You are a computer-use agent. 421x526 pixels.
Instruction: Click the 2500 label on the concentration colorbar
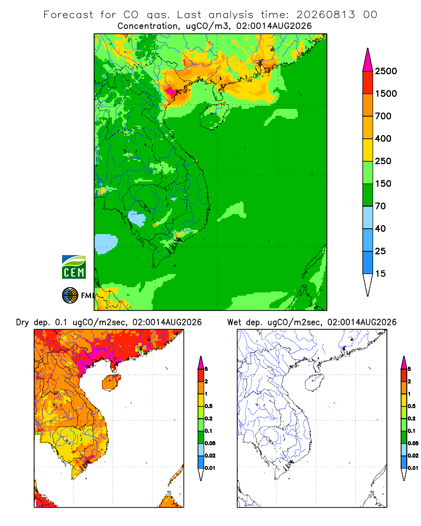click(386, 71)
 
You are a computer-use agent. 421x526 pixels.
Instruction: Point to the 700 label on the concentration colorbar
click(383, 116)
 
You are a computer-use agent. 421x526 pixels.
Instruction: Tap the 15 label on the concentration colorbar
click(380, 274)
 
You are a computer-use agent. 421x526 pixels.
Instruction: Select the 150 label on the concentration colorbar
click(383, 184)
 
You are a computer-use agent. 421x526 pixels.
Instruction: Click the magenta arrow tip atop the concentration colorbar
click(368, 60)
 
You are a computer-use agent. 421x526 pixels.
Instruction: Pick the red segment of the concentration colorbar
click(368, 83)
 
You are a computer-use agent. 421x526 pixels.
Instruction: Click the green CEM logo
click(74, 267)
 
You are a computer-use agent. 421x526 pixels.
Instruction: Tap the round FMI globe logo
click(70, 296)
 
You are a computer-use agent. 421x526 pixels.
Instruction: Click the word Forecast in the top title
click(68, 15)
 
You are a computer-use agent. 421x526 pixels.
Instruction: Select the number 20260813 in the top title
click(325, 15)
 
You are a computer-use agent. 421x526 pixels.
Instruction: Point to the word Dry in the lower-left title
click(22, 322)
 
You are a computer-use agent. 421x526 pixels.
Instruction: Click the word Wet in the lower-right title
click(234, 322)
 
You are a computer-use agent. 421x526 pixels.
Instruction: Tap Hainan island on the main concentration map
click(214, 116)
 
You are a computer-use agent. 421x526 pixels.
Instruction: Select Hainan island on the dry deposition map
click(111, 382)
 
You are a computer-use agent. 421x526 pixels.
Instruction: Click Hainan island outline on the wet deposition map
click(315, 382)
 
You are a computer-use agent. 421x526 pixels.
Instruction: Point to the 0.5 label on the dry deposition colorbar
click(208, 406)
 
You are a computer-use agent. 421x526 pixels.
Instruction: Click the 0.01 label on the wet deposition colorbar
click(413, 468)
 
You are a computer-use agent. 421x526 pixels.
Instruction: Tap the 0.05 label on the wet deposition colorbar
click(413, 443)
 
